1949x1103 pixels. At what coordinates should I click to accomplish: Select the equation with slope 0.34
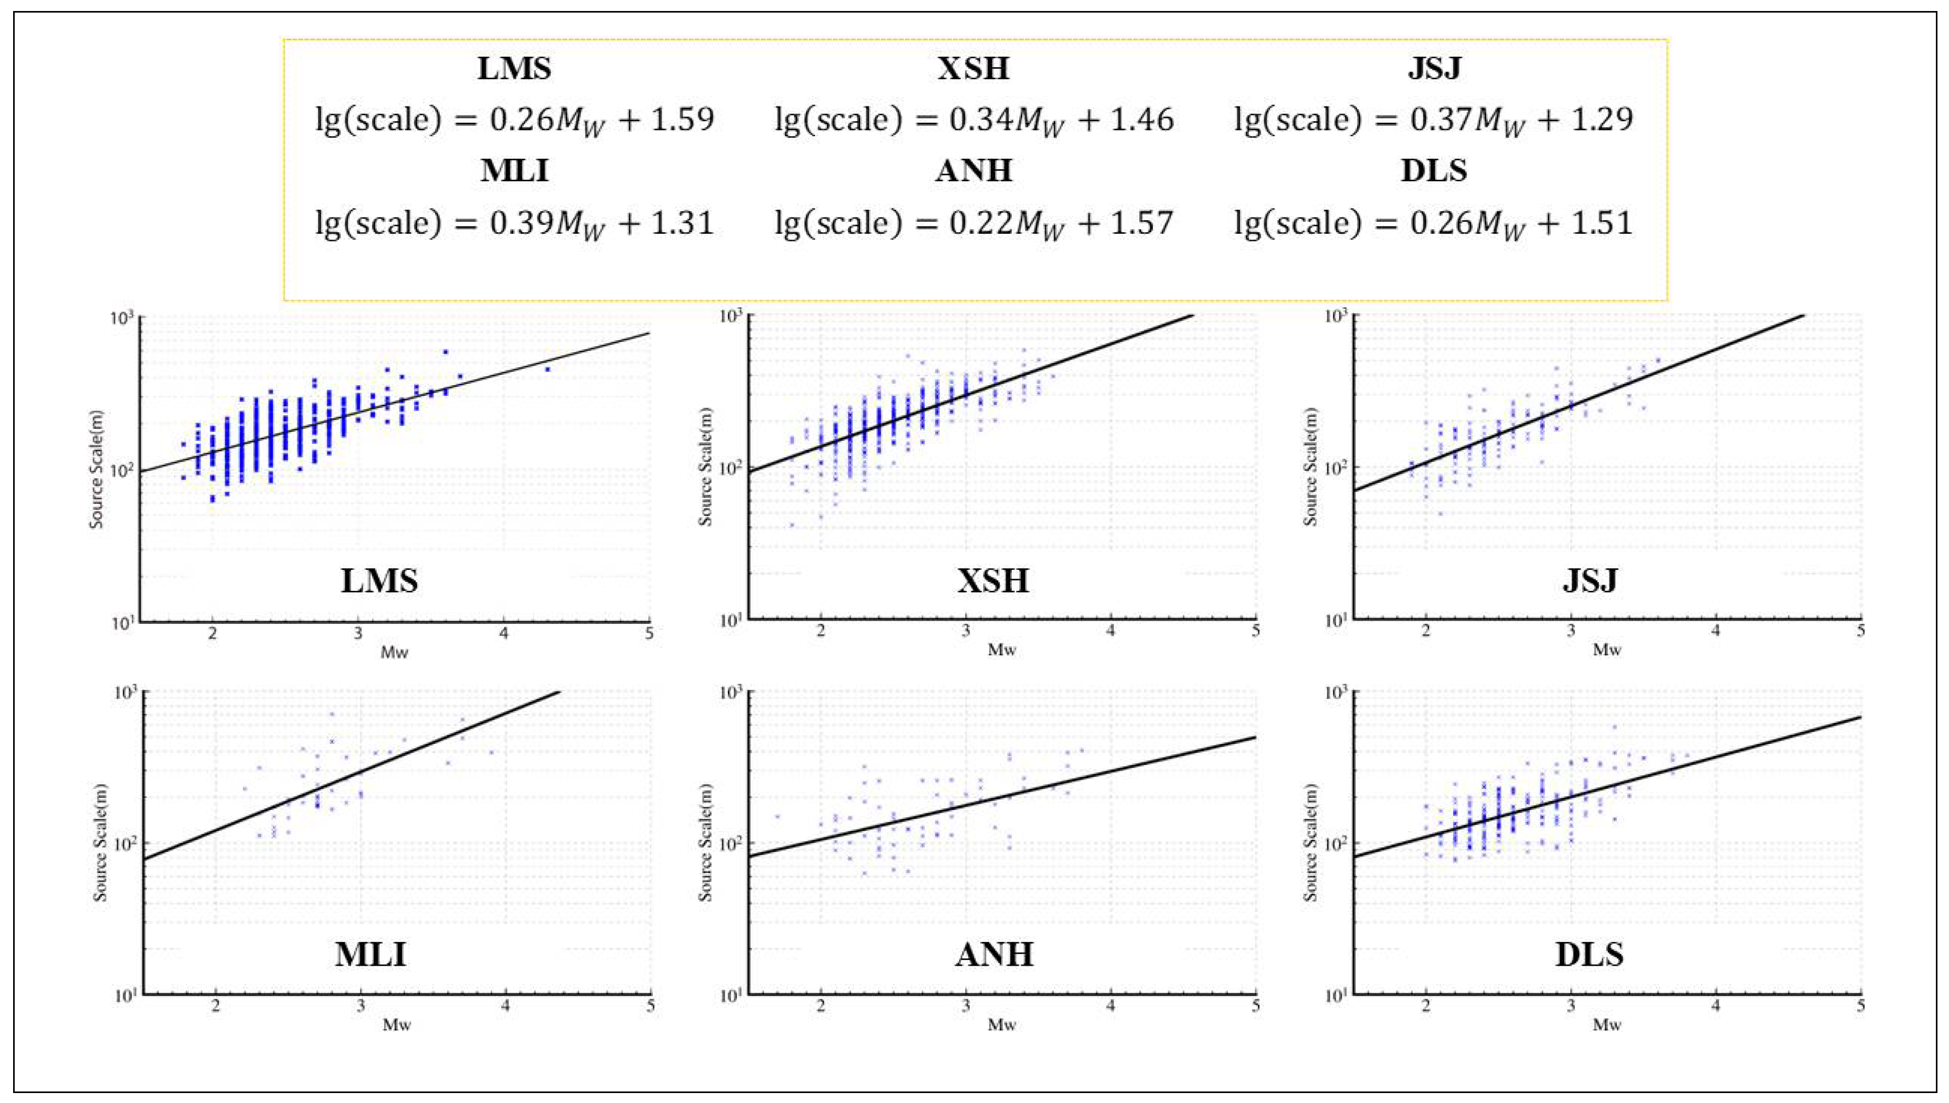pos(973,120)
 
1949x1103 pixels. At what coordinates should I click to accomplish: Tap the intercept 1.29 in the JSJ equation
pos(1606,120)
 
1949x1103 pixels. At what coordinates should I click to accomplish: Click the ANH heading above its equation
pos(973,170)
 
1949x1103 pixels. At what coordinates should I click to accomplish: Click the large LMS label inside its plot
pos(379,581)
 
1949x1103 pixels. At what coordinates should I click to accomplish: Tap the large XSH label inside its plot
pos(993,581)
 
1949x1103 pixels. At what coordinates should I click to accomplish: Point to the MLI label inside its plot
pos(370,954)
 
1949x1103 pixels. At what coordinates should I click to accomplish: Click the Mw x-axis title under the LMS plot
pos(394,652)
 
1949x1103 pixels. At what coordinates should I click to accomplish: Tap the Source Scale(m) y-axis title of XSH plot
pos(705,468)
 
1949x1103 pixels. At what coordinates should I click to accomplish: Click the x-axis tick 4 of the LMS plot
pos(504,633)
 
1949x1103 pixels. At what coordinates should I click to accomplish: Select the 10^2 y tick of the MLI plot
pos(126,845)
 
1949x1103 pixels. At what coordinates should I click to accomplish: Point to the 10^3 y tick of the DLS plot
pos(1337,693)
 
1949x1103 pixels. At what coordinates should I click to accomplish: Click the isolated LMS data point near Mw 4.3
pos(547,369)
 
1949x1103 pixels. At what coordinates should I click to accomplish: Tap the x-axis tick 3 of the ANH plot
pos(966,1007)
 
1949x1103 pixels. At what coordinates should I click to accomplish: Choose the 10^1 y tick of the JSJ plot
pos(1337,621)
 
